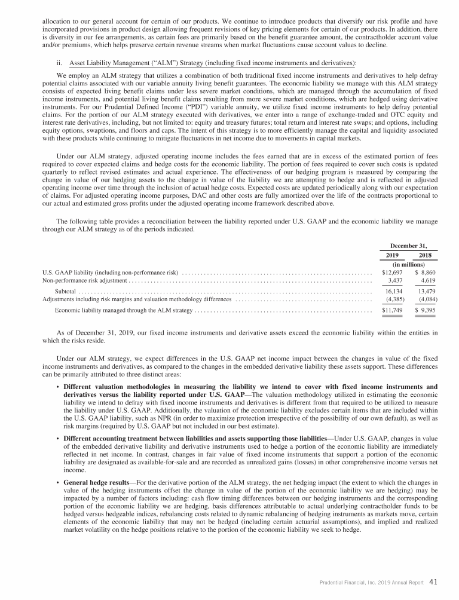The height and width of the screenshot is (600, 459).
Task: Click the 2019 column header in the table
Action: coord(392,254)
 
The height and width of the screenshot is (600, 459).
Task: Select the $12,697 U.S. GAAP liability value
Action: coord(392,271)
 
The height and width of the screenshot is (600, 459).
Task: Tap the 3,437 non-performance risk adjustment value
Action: coord(395,280)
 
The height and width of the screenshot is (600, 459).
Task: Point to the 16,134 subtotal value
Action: coord(394,291)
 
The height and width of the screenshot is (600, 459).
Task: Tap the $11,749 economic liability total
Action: coord(392,311)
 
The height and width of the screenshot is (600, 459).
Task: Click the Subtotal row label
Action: coord(65,291)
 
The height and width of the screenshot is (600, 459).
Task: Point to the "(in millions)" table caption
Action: coord(408,263)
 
